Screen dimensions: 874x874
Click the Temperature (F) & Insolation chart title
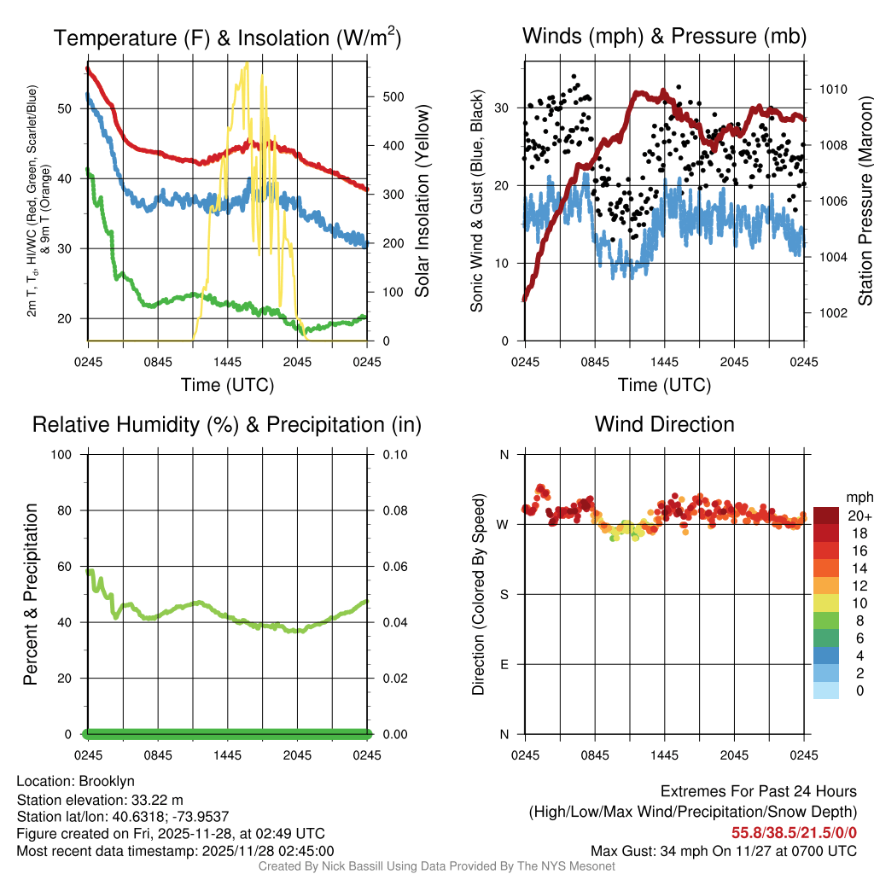227,38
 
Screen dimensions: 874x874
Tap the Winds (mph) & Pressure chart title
664,36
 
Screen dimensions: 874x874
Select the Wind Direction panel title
664,424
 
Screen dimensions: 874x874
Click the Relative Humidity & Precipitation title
227,424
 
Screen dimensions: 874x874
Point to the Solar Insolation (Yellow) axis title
422,201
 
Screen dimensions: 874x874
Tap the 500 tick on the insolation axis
392,96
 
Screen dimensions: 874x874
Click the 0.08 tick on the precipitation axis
393,510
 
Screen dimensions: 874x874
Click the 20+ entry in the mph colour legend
859,516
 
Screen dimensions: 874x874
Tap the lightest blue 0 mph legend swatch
826,690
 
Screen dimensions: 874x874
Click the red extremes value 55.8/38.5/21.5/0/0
794,832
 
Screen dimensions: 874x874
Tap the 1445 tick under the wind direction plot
664,755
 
